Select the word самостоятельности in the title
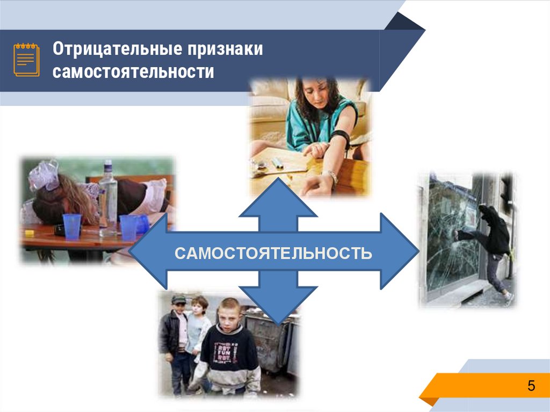(x=133, y=71)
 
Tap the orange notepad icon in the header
(x=26, y=59)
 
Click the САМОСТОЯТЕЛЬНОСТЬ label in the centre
(x=273, y=252)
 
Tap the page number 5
(x=531, y=386)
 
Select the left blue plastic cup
(x=72, y=226)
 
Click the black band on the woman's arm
(x=341, y=138)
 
